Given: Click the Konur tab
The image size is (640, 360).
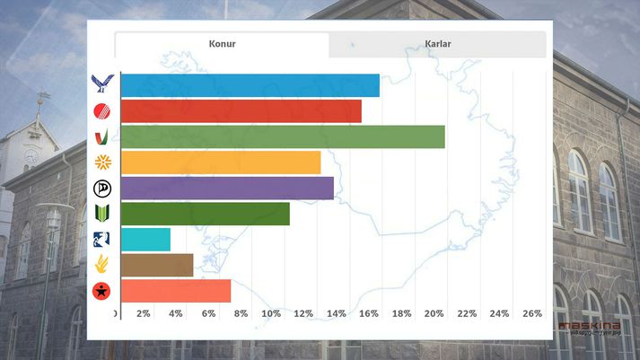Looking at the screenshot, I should (222, 44).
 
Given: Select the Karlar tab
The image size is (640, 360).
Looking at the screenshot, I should (437, 44).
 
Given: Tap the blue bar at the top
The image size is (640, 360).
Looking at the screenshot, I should (250, 85).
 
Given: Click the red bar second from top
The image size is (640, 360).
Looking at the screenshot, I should (241, 110).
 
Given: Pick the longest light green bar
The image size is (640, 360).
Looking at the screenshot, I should (282, 136).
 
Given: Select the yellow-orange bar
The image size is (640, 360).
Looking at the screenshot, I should (220, 162).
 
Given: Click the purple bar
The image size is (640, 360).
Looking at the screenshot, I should (226, 189).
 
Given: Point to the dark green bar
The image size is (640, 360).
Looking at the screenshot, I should (205, 214).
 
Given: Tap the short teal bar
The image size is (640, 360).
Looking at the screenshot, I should (145, 240).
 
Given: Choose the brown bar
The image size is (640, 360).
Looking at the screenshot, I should (156, 265).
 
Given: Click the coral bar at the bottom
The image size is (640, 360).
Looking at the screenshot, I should (175, 291).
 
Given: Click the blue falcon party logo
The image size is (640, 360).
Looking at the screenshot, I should (102, 85).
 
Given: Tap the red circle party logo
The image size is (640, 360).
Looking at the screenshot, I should (102, 111).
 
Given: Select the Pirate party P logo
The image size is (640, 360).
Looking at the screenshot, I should (102, 189).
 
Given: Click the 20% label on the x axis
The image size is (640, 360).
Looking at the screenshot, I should (434, 313).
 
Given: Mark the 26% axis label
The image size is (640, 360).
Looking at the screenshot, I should (532, 313).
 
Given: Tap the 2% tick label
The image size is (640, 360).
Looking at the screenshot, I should (142, 313).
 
